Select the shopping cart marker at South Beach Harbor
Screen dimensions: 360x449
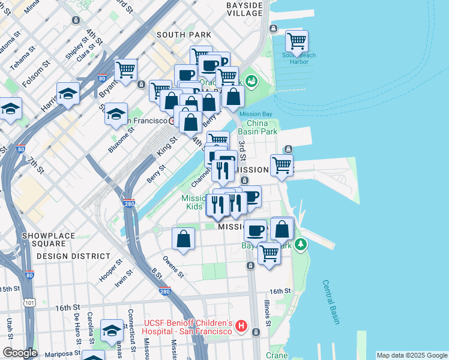pyautogui.click(x=297, y=41)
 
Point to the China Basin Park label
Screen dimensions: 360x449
pyautogui.click(x=258, y=127)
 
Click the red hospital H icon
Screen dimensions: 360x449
pyautogui.click(x=241, y=328)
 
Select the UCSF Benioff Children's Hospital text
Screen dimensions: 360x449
pyautogui.click(x=187, y=328)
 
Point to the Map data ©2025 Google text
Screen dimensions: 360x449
pyautogui.click(x=411, y=355)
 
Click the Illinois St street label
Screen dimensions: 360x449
pyautogui.click(x=267, y=312)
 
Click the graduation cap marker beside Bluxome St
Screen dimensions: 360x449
pyautogui.click(x=116, y=113)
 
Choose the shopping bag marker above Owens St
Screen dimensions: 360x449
pyautogui.click(x=184, y=238)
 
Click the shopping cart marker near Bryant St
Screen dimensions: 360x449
pyautogui.click(x=126, y=70)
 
